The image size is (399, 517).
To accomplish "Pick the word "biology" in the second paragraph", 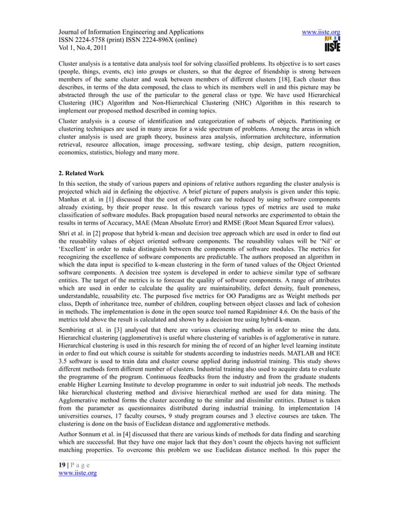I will (x=135, y=150).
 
